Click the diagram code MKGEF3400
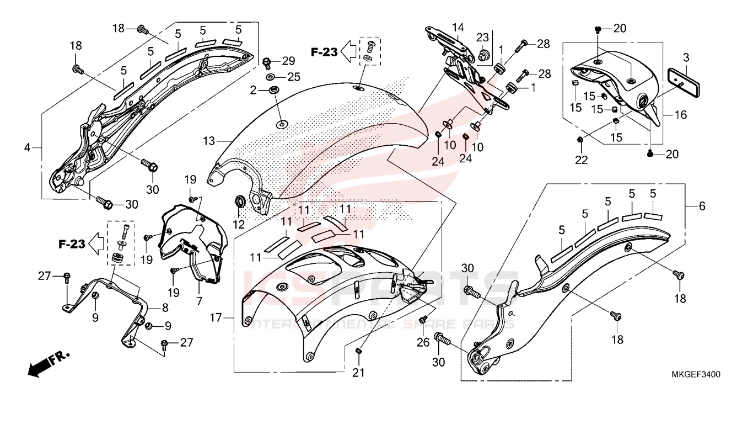(x=696, y=374)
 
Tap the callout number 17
(x=216, y=318)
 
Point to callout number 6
(x=702, y=206)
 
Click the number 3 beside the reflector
(x=686, y=57)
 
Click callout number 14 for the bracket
(x=459, y=28)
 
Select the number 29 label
(x=289, y=60)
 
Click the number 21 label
(x=358, y=373)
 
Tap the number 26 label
(x=423, y=342)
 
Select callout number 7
(x=199, y=301)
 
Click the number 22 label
(x=582, y=160)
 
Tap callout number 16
(x=681, y=115)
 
